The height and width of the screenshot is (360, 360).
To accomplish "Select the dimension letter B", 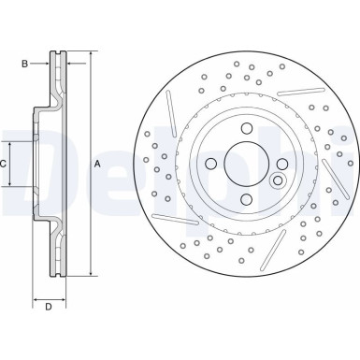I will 26,64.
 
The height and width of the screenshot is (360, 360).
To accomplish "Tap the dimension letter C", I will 5,164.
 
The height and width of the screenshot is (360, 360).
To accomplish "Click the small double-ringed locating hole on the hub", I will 277,180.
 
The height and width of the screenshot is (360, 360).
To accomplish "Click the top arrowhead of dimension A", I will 92,56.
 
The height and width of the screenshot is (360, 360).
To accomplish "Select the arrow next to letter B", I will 44,64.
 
